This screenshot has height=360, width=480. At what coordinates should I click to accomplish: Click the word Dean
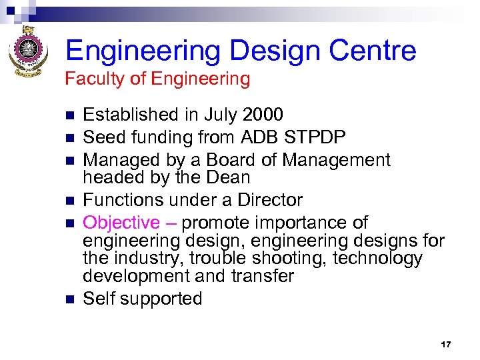point(229,178)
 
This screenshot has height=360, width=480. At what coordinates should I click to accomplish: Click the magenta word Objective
point(121,223)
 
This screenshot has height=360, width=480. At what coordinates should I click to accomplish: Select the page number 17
point(446,345)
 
